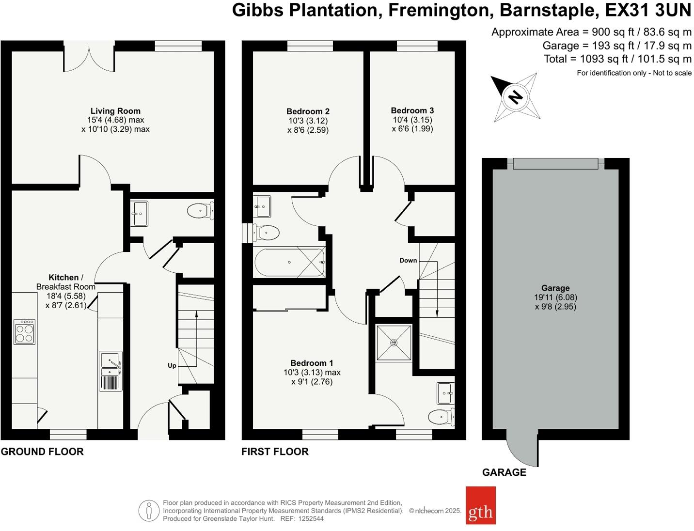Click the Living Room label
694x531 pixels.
click(115, 111)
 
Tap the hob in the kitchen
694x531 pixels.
click(24, 332)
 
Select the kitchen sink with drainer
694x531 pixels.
click(111, 371)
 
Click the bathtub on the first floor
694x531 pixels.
click(290, 262)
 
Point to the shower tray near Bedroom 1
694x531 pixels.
click(394, 343)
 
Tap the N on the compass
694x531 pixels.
click(515, 97)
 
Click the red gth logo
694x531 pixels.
click(480, 505)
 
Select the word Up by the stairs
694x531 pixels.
click(172, 365)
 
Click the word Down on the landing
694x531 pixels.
click(408, 260)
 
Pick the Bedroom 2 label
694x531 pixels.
click(308, 111)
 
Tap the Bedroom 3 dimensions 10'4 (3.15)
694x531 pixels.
click(412, 120)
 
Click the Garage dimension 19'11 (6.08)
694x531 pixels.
click(555, 297)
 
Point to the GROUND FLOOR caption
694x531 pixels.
click(42, 452)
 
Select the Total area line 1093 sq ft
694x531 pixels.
click(617, 59)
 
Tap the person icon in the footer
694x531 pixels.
click(149, 511)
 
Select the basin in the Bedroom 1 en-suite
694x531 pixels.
click(445, 393)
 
